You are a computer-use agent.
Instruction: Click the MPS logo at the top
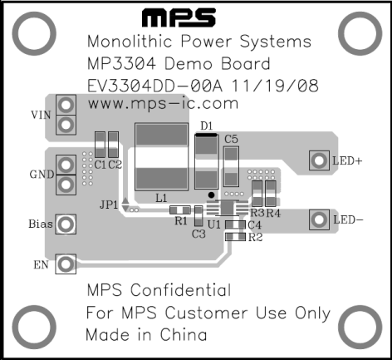tap(179, 17)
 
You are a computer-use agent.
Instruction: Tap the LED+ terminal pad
tap(319, 160)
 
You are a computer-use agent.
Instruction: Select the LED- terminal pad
tap(319, 219)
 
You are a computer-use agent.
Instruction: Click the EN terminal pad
tap(66, 264)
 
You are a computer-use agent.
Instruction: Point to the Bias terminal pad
tap(66, 224)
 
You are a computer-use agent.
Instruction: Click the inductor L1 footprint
tap(162, 157)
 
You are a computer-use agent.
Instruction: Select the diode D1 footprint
tap(207, 161)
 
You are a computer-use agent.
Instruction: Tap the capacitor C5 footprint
tap(231, 166)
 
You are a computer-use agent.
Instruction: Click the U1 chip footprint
tap(227, 208)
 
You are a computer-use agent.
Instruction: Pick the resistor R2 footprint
tap(235, 237)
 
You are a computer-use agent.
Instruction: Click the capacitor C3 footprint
tap(198, 216)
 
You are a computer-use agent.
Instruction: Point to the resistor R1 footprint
tap(180, 210)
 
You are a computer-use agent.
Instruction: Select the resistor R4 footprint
tap(271, 194)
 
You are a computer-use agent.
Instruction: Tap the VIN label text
tap(41, 115)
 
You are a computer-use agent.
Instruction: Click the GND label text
tap(42, 175)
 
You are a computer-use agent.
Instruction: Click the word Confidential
tap(180, 290)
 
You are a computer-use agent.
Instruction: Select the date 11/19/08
tap(275, 86)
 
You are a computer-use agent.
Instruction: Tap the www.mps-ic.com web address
tap(163, 104)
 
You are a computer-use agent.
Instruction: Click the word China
tap(184, 334)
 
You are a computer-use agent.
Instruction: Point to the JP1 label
tap(109, 205)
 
